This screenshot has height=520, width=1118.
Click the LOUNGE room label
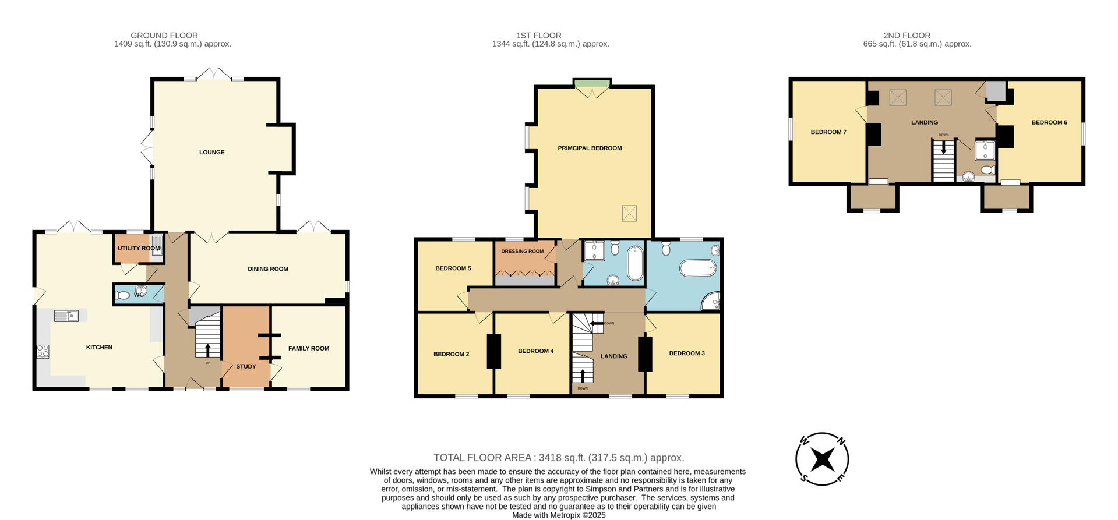tap(211, 153)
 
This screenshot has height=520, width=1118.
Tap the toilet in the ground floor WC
tap(123, 296)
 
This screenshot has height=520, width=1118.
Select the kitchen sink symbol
tap(66, 316)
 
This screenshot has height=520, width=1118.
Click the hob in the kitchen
tap(43, 351)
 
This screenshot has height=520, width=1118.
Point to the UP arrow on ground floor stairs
tap(208, 349)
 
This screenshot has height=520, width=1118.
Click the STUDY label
tap(246, 367)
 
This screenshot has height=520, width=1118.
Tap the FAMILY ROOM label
tap(308, 349)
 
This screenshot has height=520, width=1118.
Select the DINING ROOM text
tap(268, 269)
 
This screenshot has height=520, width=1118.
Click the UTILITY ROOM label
tap(138, 249)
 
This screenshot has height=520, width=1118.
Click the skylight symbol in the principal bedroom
tap(629, 213)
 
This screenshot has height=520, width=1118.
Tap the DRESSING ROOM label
tap(522, 252)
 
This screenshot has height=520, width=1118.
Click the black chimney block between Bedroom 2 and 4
tap(494, 351)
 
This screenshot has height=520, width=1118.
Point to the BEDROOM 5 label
tap(453, 268)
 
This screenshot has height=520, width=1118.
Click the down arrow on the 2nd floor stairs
tap(943, 147)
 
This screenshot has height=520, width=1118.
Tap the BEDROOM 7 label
tap(828, 132)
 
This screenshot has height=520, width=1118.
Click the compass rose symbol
tap(822, 459)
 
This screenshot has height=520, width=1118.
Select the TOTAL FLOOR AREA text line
tap(558, 458)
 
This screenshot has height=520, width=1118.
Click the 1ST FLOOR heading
tap(538, 36)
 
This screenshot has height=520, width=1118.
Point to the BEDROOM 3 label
tap(686, 353)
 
